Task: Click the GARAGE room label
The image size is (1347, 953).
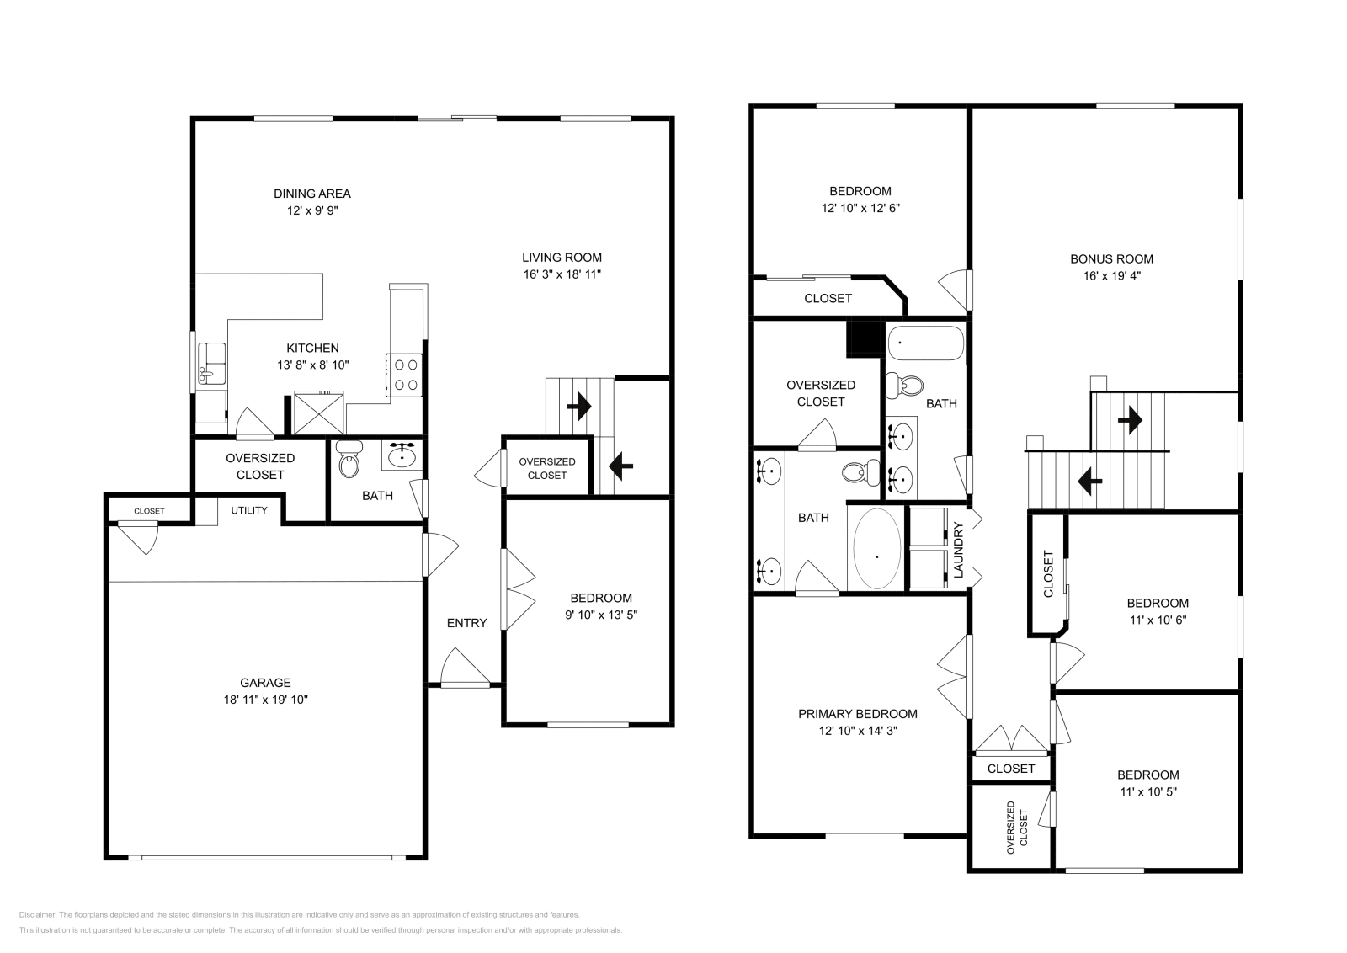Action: [x=265, y=683]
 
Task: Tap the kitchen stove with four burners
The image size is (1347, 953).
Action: [x=404, y=375]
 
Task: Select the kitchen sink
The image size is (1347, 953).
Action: [x=211, y=364]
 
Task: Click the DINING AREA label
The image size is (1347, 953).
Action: [x=312, y=194]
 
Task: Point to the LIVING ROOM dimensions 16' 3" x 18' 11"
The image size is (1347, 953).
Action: [x=562, y=274]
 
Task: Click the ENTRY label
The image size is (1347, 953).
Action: [x=466, y=623]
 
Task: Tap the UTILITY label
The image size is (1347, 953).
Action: [x=249, y=510]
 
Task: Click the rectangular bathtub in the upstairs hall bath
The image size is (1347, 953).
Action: [x=926, y=343]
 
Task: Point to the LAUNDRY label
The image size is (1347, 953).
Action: [x=959, y=550]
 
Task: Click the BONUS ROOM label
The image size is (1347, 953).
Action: [x=1111, y=259]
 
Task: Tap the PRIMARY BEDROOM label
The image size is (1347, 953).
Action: [x=858, y=714]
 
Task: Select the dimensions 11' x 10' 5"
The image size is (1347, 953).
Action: [x=1148, y=792]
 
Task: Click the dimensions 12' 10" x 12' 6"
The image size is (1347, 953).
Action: [x=860, y=208]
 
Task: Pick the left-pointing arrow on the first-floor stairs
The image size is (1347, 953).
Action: [x=620, y=466]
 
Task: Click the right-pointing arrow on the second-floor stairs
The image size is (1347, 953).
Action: [x=1130, y=420]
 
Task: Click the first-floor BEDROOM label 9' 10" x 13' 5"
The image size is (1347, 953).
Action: [x=601, y=598]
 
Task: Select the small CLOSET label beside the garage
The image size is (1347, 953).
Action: [x=149, y=511]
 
